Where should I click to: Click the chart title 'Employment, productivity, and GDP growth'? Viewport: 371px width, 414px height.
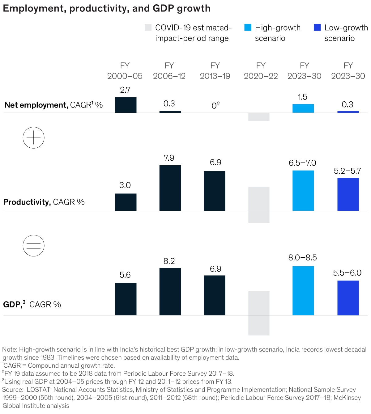pyautogui.click(x=106, y=8)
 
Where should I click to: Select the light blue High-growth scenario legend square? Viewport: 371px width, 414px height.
pyautogui.click(x=248, y=27)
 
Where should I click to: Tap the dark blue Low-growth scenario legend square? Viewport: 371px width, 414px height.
pyautogui.click(x=317, y=27)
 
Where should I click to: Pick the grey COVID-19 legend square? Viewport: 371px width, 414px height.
pyautogui.click(x=148, y=27)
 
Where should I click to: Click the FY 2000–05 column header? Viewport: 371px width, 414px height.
pyautogui.click(x=125, y=71)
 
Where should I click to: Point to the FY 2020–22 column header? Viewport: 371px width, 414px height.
pyautogui.click(x=261, y=71)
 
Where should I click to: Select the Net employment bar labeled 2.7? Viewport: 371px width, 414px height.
pyautogui.click(x=126, y=105)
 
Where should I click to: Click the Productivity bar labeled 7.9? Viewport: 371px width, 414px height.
pyautogui.click(x=170, y=188)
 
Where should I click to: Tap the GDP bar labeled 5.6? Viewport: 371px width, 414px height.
pyautogui.click(x=126, y=299)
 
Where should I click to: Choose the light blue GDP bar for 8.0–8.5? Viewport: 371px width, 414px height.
pyautogui.click(x=303, y=290)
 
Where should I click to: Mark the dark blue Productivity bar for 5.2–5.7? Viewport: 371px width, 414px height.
pyautogui.click(x=348, y=194)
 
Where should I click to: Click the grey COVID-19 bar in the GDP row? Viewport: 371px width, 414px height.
pyautogui.click(x=259, y=313)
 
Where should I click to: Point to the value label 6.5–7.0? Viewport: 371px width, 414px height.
pyautogui.click(x=302, y=163)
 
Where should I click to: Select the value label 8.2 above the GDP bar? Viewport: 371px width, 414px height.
pyautogui.click(x=169, y=261)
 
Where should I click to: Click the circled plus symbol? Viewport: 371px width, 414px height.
pyautogui.click(x=34, y=137)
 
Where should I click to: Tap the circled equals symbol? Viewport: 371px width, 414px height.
pyautogui.click(x=34, y=246)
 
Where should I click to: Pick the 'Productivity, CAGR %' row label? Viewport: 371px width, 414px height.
pyautogui.click(x=44, y=202)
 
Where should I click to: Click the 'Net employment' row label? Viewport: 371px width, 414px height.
pyautogui.click(x=36, y=105)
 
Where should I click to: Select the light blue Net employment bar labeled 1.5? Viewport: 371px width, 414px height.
pyautogui.click(x=303, y=108)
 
